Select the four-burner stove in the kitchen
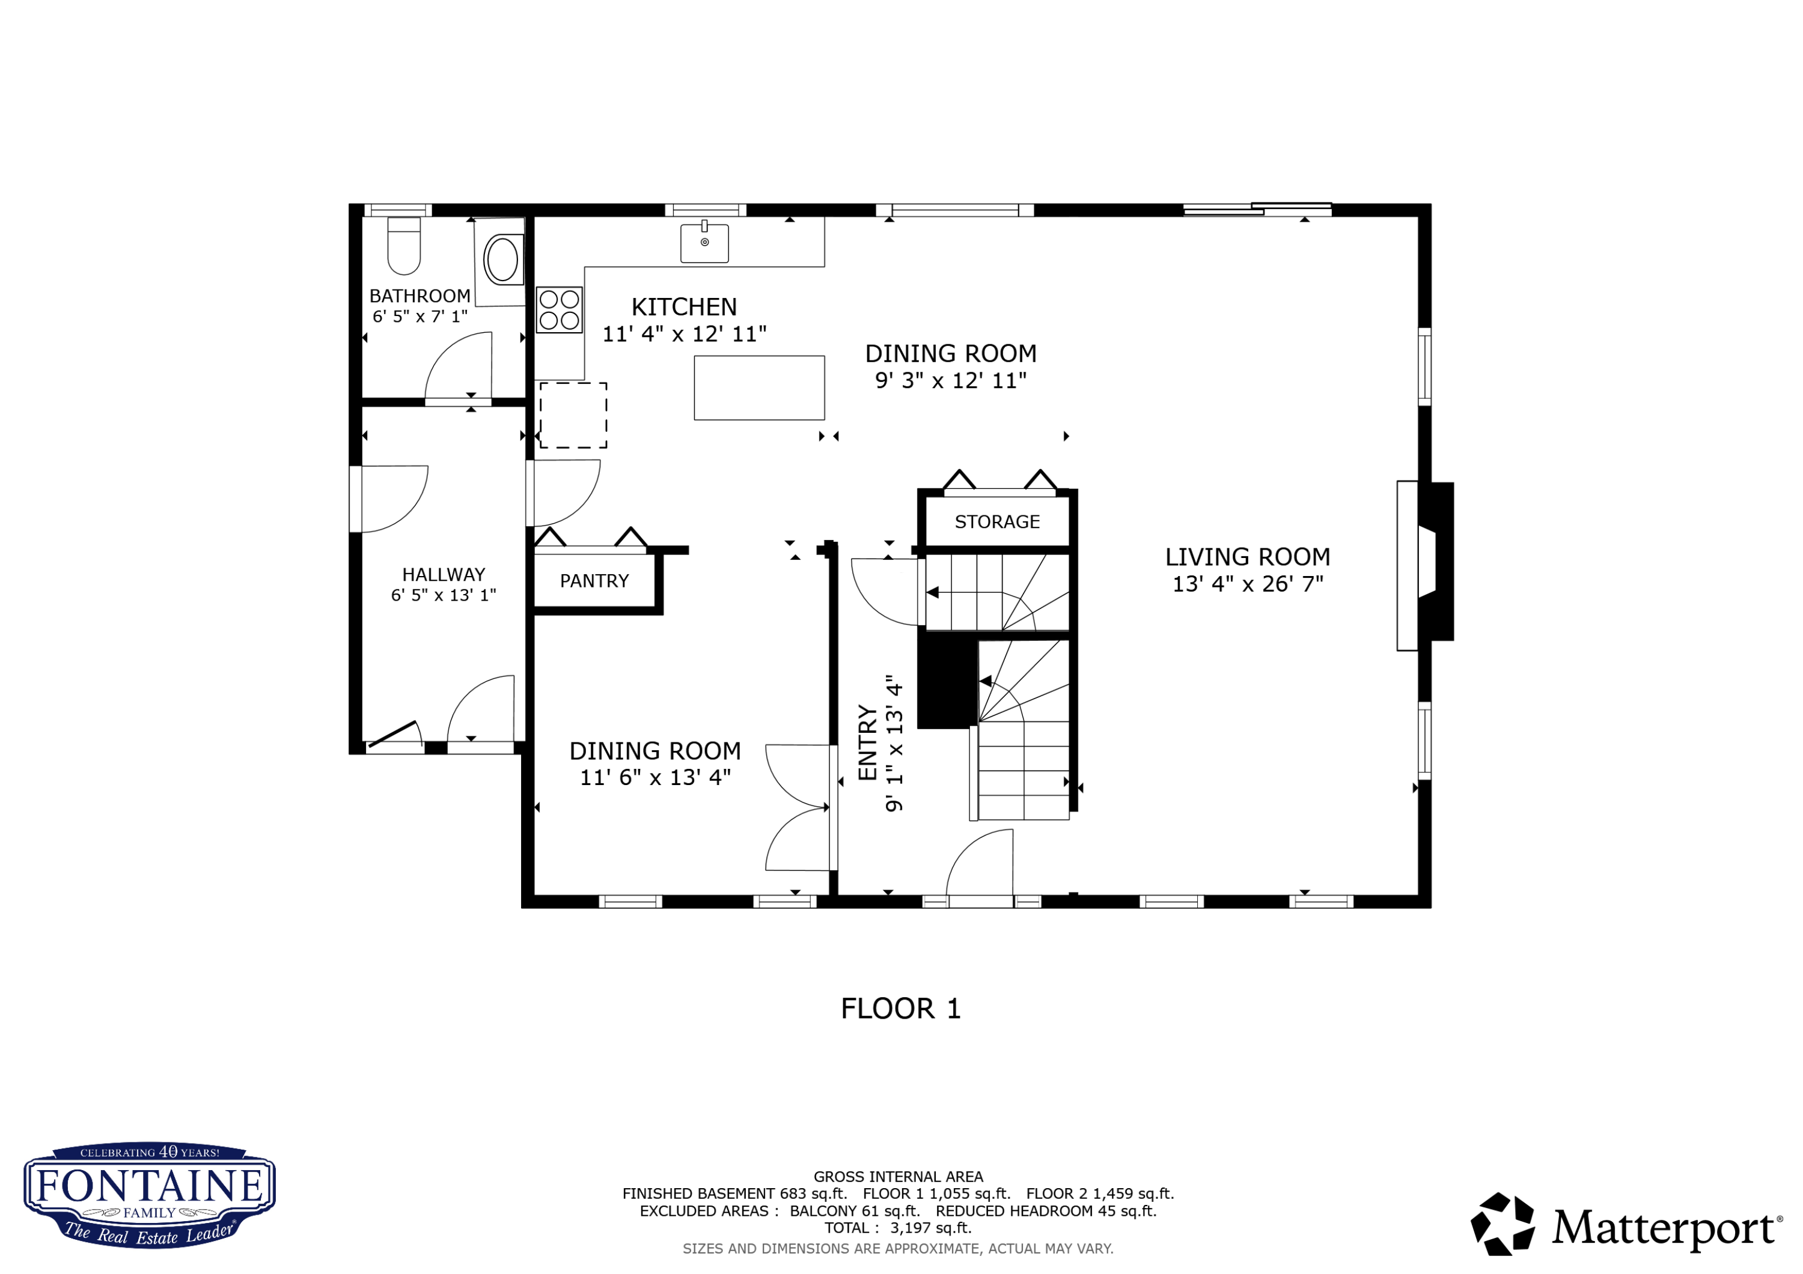559,310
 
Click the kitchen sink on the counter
704,243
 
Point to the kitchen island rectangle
758,388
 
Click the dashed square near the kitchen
573,415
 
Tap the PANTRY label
594,581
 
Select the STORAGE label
996,522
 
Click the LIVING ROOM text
1247,557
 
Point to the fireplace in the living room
1424,562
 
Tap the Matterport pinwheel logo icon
1501,1224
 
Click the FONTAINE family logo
149,1194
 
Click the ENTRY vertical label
867,742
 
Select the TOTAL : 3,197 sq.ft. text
897,1228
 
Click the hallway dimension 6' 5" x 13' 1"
444,596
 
